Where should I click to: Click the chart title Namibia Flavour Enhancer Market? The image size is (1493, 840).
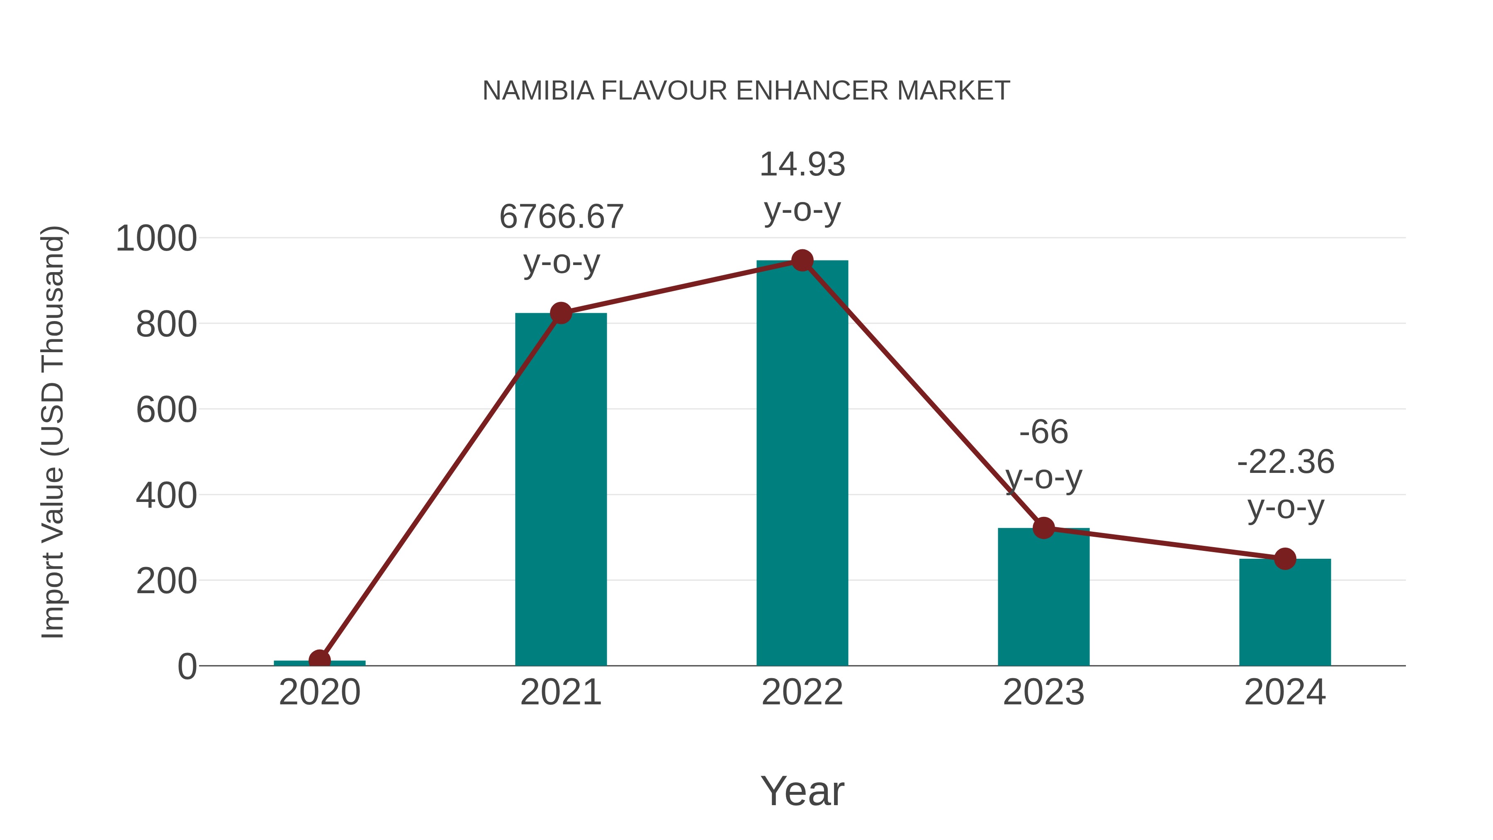click(746, 91)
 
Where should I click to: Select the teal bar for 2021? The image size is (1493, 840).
click(560, 493)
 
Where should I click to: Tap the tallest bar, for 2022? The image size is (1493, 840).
click(802, 464)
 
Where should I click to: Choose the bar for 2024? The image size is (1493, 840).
click(1285, 614)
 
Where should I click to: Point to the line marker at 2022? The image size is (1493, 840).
click(802, 261)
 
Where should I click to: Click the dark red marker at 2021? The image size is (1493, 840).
click(560, 313)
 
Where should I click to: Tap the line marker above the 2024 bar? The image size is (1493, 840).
click(1285, 559)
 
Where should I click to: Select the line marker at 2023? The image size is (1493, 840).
click(1043, 528)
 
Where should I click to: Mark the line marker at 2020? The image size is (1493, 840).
click(319, 660)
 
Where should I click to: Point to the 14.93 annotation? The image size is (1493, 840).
click(802, 165)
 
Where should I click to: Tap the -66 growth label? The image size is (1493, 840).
click(1043, 433)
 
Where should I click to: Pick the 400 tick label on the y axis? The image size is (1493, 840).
click(166, 496)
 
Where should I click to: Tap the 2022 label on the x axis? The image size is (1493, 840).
click(802, 693)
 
